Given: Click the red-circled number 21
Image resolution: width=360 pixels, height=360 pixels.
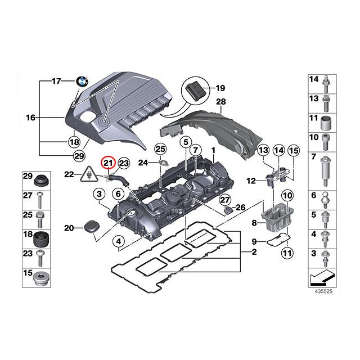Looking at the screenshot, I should [x=107, y=163].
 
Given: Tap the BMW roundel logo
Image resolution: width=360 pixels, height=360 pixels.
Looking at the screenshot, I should [x=83, y=82].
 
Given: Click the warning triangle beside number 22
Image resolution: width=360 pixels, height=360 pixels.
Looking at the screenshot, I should [x=88, y=174].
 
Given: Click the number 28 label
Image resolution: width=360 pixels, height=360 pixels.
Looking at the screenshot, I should [x=220, y=102].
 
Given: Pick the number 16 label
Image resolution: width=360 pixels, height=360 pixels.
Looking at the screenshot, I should [x=30, y=118].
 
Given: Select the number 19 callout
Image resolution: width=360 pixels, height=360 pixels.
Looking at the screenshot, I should [x=220, y=88].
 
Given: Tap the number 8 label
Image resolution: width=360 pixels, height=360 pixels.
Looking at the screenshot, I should [x=254, y=223].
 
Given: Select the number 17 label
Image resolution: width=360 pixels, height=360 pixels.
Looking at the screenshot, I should [x=56, y=82].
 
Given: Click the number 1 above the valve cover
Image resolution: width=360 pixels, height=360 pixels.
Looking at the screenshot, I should [x=213, y=151].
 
